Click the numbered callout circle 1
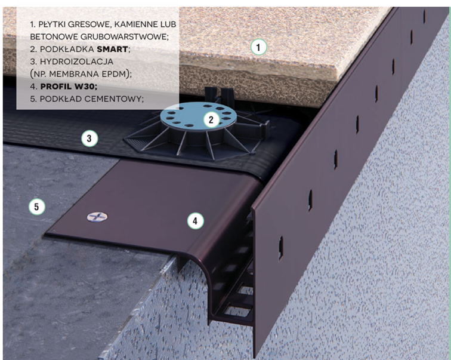[x=258, y=47]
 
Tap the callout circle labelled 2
[x=211, y=119]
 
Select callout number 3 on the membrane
[x=89, y=139]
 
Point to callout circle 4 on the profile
[x=195, y=221]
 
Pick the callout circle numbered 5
[x=36, y=207]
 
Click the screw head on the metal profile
[x=97, y=217]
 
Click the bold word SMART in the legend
[x=112, y=49]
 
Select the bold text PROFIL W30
[x=69, y=87]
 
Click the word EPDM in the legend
[x=116, y=74]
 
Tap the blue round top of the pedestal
[x=199, y=115]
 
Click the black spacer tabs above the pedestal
[x=219, y=95]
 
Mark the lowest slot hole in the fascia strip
[x=281, y=248]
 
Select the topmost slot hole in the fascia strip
[x=424, y=16]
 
